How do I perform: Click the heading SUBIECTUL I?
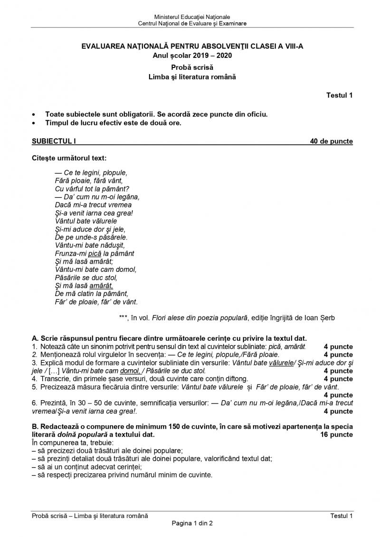click(x=54, y=141)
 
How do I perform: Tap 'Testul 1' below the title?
click(x=339, y=96)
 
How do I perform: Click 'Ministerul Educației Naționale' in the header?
click(x=192, y=17)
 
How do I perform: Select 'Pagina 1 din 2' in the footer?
click(x=192, y=523)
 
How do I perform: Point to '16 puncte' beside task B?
click(x=337, y=434)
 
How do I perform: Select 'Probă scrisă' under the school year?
click(x=192, y=67)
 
